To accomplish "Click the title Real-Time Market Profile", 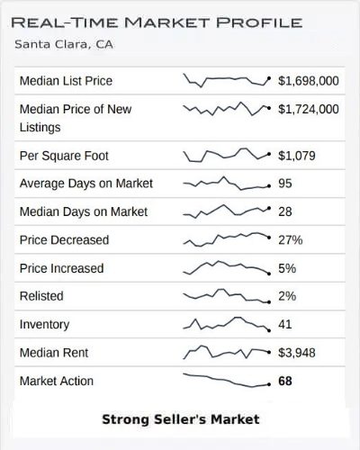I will pyautogui.click(x=158, y=21).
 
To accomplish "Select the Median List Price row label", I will pyautogui.click(x=66, y=81).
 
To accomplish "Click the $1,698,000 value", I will pyautogui.click(x=309, y=81).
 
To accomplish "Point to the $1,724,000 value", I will pyautogui.click(x=309, y=109).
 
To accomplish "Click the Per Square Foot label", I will pyautogui.click(x=64, y=156).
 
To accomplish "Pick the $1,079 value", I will pyautogui.click(x=296, y=156).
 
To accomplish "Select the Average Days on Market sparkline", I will pyautogui.click(x=226, y=184).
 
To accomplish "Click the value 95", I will pyautogui.click(x=286, y=184).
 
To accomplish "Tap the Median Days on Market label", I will pyautogui.click(x=84, y=212).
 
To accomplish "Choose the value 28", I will pyautogui.click(x=286, y=212).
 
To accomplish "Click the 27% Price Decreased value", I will pyautogui.click(x=291, y=240).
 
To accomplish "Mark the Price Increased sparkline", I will pyautogui.click(x=226, y=267).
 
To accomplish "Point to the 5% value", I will pyautogui.click(x=287, y=268).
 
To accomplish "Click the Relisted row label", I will pyautogui.click(x=43, y=296).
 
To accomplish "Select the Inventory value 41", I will pyautogui.click(x=286, y=324).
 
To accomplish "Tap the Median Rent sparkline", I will pyautogui.click(x=226, y=351).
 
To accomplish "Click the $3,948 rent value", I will pyautogui.click(x=296, y=353).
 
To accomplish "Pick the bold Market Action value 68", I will pyautogui.click(x=286, y=381).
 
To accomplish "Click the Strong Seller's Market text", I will pyautogui.click(x=180, y=419).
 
